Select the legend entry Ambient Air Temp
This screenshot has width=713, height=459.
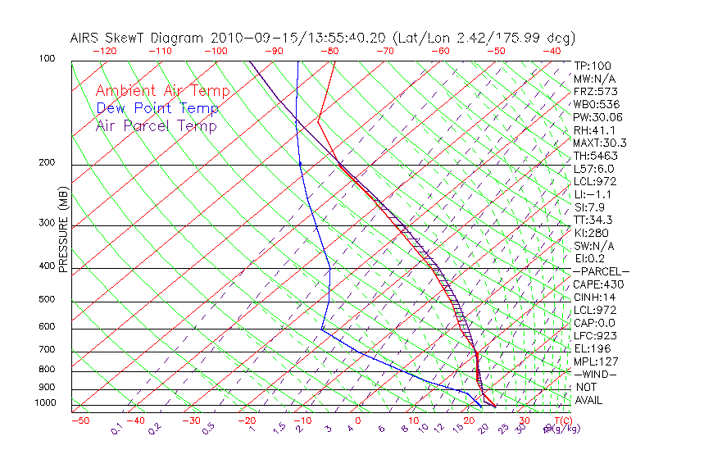162,91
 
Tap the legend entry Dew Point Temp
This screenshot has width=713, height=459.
157,108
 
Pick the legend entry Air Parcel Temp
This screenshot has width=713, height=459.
156,125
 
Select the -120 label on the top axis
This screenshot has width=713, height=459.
104,51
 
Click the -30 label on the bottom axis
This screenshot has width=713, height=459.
191,420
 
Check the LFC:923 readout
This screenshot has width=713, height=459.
595,336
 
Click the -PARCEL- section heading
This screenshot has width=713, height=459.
601,271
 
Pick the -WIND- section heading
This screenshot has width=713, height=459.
595,374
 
